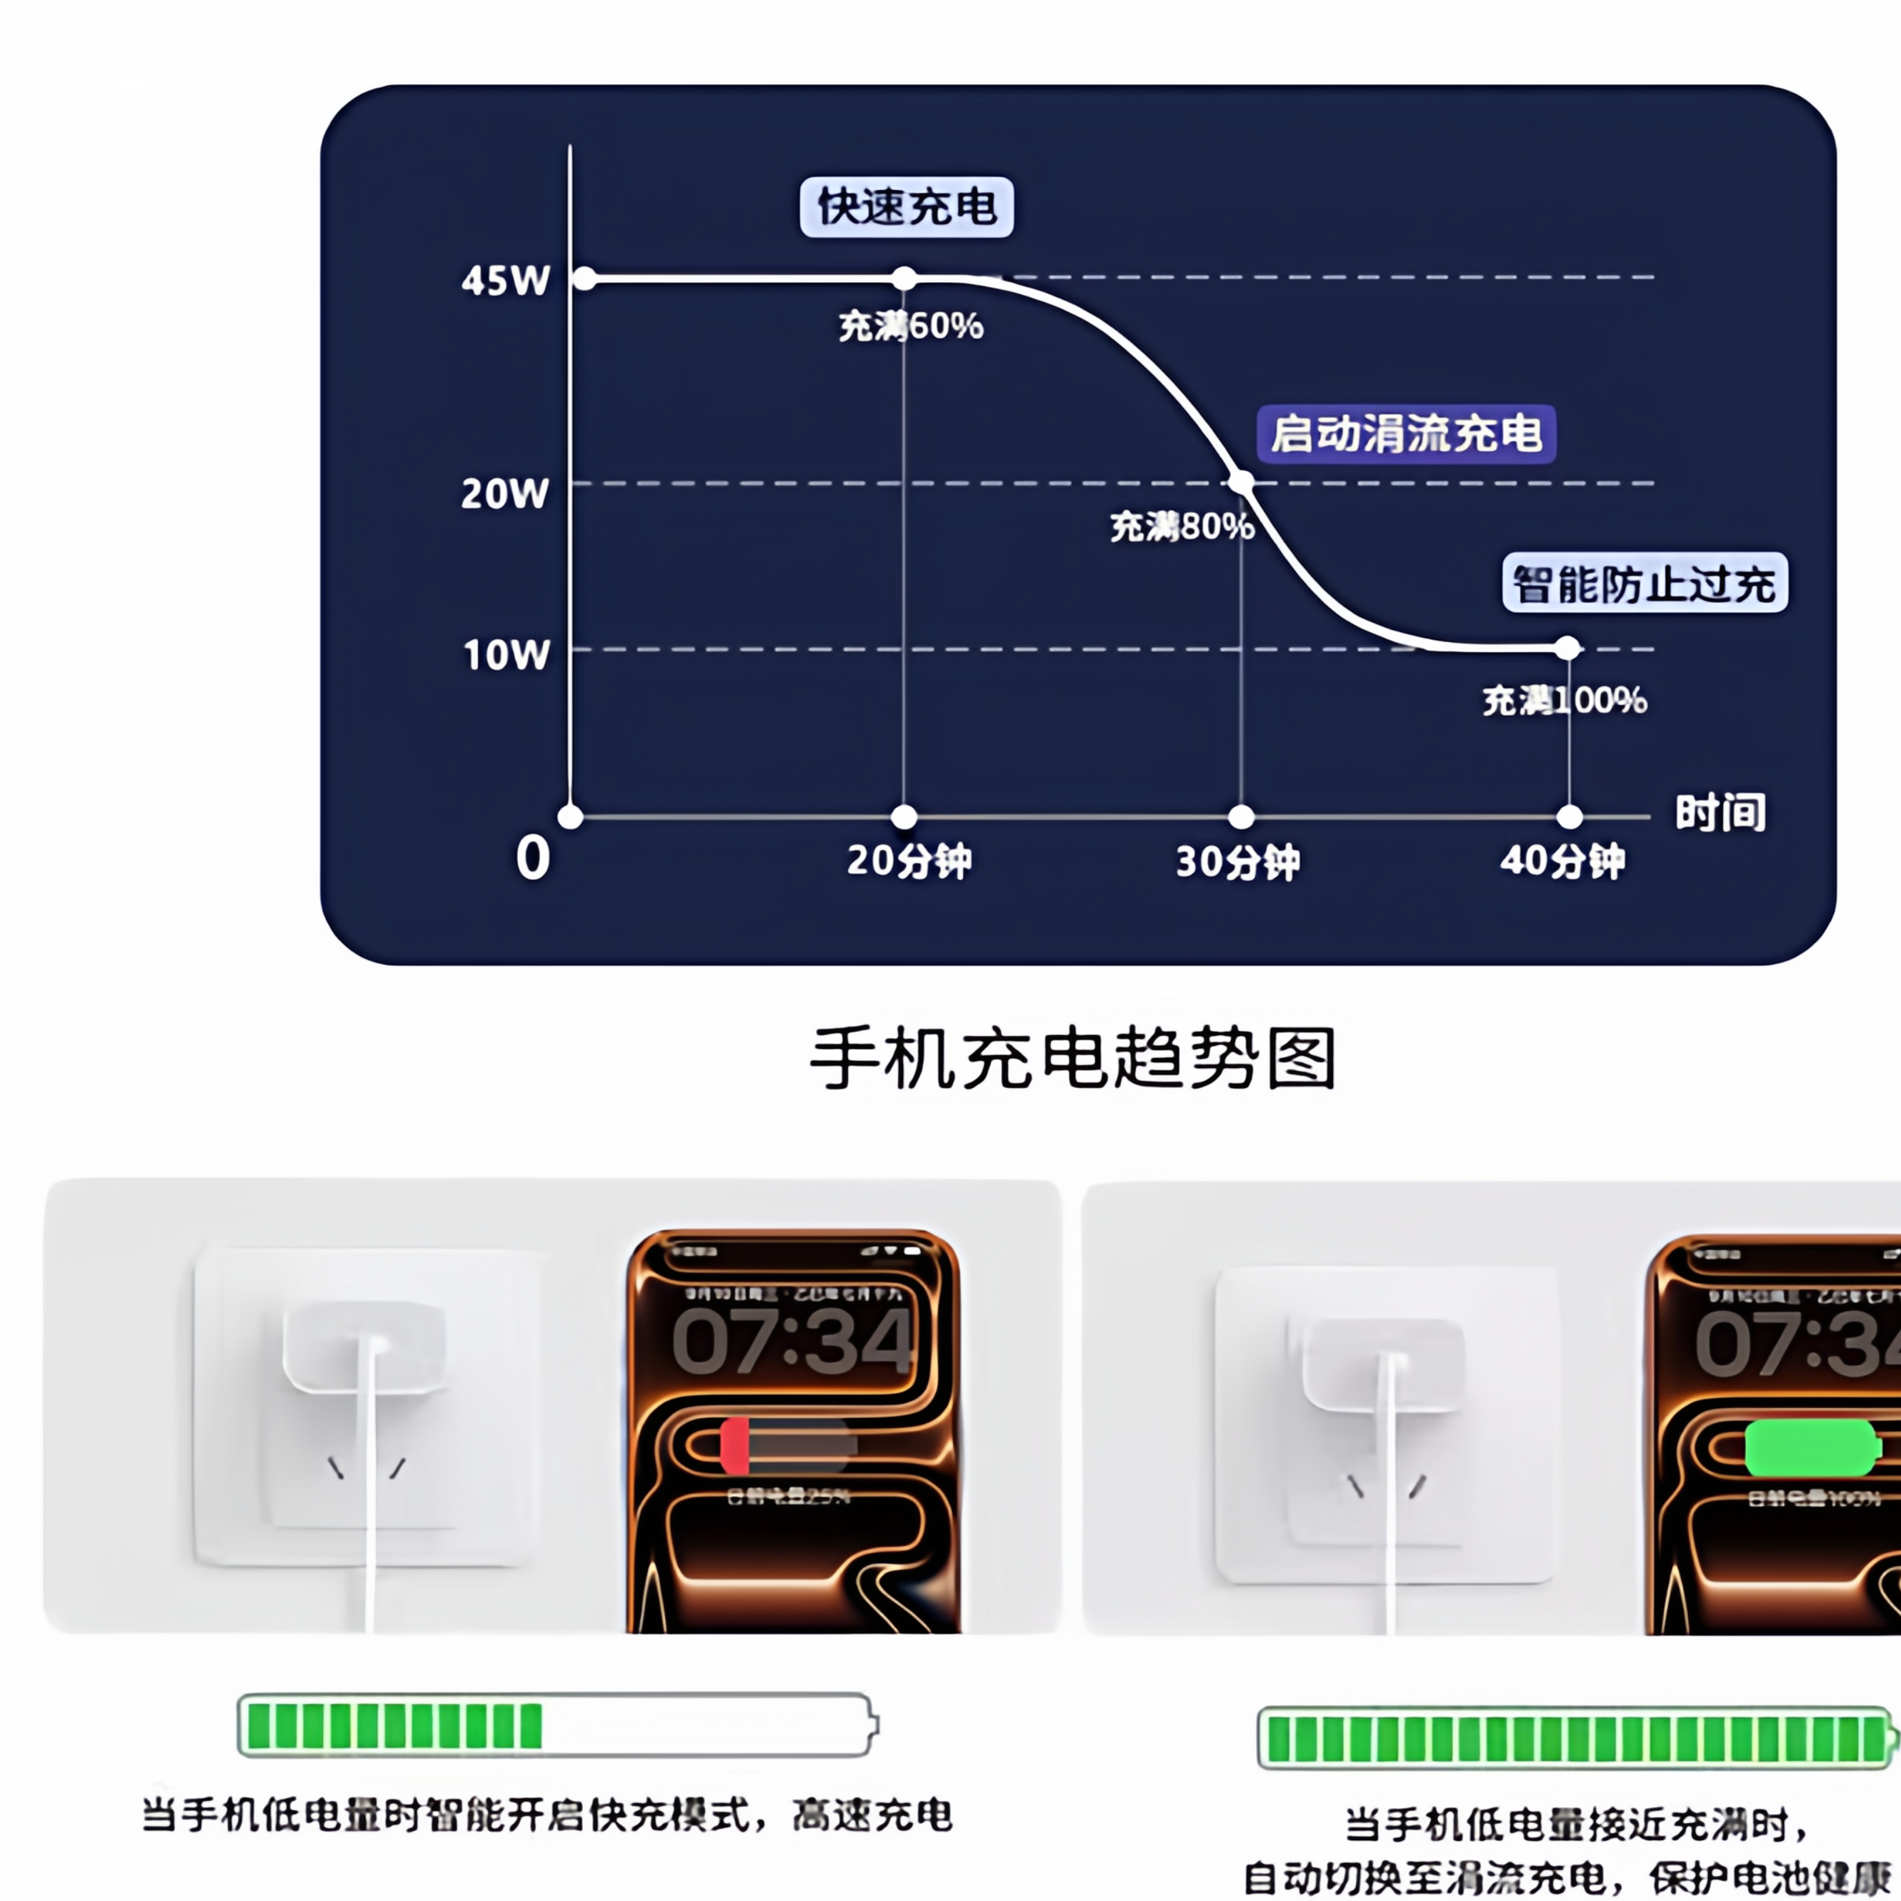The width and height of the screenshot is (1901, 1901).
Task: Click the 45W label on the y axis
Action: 505,281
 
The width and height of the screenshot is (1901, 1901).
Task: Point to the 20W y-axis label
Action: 505,493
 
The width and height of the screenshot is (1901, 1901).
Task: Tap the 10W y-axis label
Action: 506,654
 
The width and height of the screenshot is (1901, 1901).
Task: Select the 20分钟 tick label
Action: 908,861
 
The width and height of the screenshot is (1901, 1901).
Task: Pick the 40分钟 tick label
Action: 1562,861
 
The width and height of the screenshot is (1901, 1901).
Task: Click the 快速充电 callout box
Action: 907,206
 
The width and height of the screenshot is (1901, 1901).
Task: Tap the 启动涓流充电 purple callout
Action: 1406,434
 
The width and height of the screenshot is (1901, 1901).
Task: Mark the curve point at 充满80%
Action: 1242,482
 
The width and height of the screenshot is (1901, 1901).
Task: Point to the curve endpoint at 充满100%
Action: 1568,647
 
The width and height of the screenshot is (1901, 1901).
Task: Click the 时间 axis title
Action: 1720,813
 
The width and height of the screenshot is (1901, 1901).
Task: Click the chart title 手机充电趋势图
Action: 1072,1059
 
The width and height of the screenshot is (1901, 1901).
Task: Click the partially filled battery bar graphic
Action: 557,1725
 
